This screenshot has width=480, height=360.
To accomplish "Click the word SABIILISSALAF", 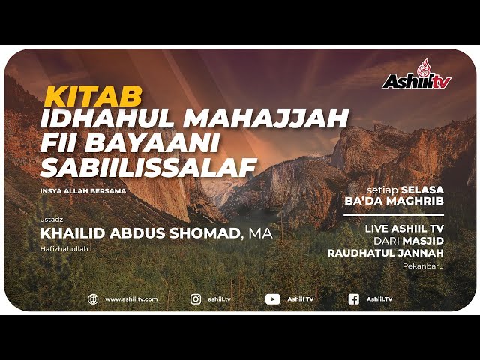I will (149, 167).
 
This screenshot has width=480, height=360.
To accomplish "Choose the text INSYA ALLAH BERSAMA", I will (83, 190).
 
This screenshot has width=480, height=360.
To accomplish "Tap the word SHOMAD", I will (202, 234).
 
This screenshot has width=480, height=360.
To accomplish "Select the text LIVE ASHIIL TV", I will (404, 227).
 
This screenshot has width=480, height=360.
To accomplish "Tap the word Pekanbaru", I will (423, 265).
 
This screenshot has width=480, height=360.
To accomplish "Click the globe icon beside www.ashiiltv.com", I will (93, 298).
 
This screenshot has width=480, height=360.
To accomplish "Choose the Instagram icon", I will (196, 298).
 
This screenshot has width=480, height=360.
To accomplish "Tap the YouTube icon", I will (273, 298).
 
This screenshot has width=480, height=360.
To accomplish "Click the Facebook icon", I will (353, 298).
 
